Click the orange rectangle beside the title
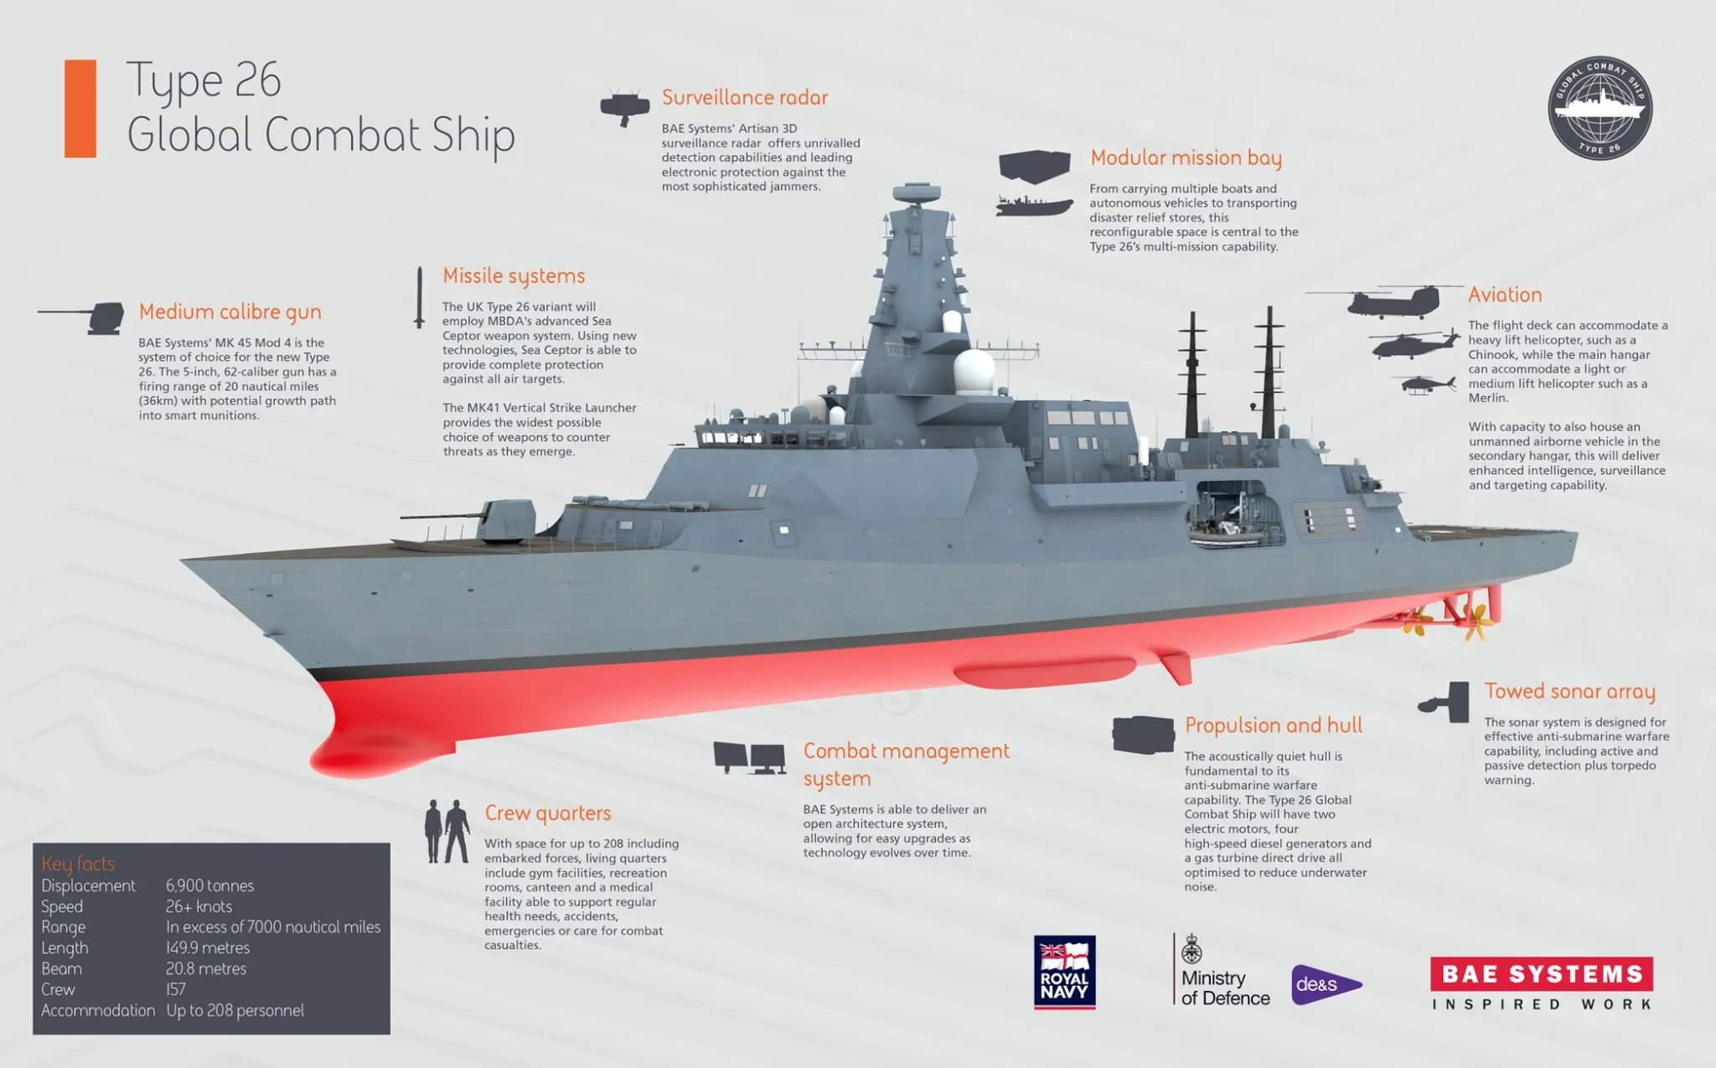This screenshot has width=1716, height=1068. tap(80, 109)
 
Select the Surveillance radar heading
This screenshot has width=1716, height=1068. tap(745, 98)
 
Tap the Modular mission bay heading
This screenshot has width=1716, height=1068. tap(1186, 158)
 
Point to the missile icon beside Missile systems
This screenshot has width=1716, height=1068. tap(419, 297)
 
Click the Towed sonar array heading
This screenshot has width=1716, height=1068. tap(1570, 692)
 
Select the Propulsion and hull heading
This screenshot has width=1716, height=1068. tap(1274, 725)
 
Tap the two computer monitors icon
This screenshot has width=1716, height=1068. tap(750, 758)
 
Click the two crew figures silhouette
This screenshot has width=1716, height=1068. tap(447, 831)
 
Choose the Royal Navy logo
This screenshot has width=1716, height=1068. tap(1065, 972)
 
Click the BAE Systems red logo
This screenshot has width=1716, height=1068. tap(1542, 973)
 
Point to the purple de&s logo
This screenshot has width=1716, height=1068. tap(1326, 984)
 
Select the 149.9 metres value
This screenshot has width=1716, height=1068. tap(208, 948)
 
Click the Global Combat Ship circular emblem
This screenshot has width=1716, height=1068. tap(1600, 108)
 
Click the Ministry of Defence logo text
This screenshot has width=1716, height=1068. tap(1225, 988)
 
